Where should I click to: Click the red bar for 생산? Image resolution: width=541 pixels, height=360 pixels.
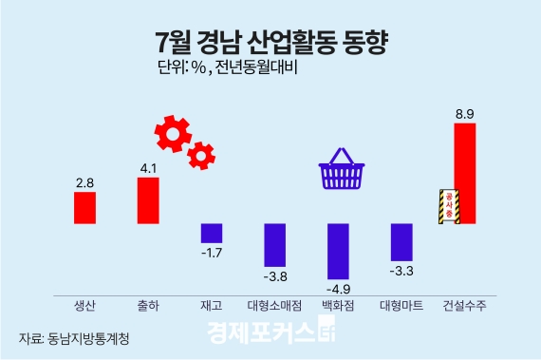pos(85,207)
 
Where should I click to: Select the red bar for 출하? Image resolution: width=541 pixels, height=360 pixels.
pos(147,200)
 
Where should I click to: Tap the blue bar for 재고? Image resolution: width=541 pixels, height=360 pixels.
pos(211,233)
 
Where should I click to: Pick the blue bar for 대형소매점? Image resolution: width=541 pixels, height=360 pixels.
pos(274,244)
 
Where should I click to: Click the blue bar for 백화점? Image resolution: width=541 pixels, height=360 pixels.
pos(338,250)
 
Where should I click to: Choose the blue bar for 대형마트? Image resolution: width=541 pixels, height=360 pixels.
pos(401,241)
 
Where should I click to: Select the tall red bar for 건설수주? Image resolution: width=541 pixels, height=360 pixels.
pos(464,174)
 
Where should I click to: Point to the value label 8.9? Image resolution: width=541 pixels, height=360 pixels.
pos(464,115)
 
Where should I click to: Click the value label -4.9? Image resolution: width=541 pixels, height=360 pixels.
pos(337,286)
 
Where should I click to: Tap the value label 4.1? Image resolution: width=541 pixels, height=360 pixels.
pos(147,169)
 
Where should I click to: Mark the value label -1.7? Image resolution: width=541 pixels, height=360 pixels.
pos(211,252)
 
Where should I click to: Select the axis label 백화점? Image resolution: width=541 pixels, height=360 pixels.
pos(337,306)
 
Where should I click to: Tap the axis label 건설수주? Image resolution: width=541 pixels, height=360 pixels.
pos(464,306)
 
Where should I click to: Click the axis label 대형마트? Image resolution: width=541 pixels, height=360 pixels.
pos(401,306)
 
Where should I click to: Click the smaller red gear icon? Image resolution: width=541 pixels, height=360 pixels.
pos(201,154)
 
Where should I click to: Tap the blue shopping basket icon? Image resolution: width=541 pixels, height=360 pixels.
pos(343,172)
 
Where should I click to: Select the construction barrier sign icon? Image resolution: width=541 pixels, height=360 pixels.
pos(447,204)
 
